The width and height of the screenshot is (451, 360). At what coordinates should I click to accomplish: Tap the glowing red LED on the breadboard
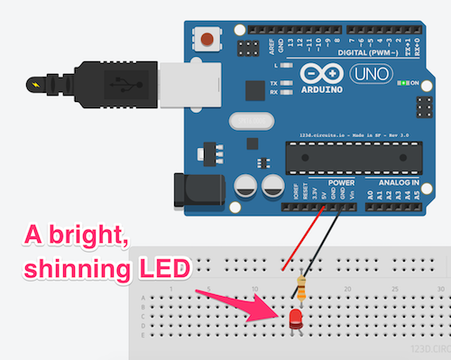296,318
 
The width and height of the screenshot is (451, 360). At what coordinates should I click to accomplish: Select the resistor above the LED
300,290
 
